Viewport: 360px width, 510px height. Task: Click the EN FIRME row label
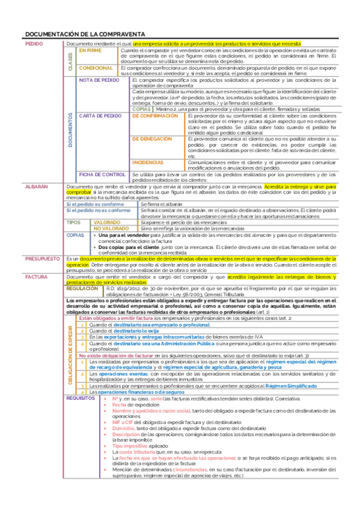click(x=91, y=51)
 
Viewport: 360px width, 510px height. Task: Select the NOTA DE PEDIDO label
click(x=99, y=79)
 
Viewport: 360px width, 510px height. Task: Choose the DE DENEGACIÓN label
click(x=153, y=138)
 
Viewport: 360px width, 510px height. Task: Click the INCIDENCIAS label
click(x=148, y=162)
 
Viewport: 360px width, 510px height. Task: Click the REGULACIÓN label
click(x=85, y=289)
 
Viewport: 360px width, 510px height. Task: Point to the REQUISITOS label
click(x=81, y=398)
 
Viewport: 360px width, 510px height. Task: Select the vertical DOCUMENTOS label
click(x=70, y=130)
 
